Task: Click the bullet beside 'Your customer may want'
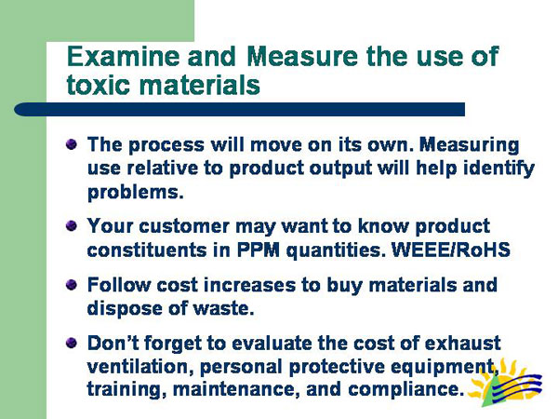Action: (72, 226)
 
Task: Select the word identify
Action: (500, 169)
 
